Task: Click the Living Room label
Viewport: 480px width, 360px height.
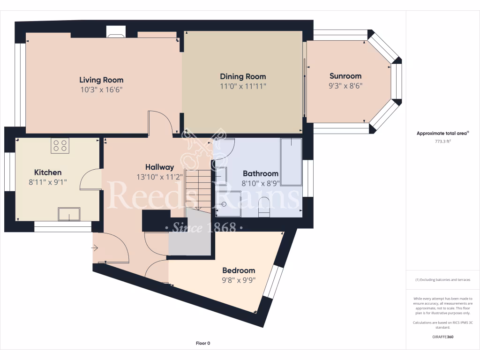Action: tap(101, 80)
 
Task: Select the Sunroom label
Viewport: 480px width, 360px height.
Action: tap(345, 76)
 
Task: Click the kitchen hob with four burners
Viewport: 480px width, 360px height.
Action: tap(60, 146)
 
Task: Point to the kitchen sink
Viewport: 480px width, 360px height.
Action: tap(69, 214)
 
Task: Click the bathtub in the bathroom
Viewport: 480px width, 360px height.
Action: tap(291, 162)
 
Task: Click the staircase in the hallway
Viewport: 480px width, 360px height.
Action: tap(198, 190)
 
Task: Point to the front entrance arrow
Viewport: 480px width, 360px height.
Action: tap(95, 247)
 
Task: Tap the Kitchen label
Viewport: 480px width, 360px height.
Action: tap(48, 172)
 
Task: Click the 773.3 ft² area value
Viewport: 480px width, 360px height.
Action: tap(442, 141)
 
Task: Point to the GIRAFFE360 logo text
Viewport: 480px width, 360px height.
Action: tap(442, 337)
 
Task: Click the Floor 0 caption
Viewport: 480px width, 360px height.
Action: tap(203, 343)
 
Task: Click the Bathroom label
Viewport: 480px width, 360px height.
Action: tap(260, 173)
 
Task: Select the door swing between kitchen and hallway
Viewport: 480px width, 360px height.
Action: tap(90, 180)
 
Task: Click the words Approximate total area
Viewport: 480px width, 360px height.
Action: tap(442, 133)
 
